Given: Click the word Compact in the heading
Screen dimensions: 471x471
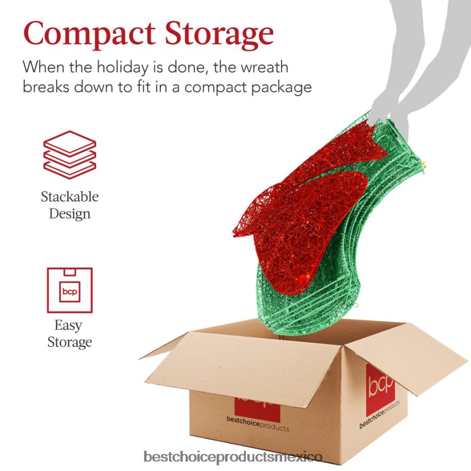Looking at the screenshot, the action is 89,34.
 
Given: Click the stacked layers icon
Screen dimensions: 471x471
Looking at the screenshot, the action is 70,155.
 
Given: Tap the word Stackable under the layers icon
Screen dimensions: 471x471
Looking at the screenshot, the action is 70,197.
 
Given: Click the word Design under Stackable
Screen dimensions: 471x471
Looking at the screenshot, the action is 70,214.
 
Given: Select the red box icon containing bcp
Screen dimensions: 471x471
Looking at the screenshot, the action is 70,290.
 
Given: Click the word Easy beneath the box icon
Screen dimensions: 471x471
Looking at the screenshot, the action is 68,325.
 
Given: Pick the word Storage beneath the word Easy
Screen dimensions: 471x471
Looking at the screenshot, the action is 70,342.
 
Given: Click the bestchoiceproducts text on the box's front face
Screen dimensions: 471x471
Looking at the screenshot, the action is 258,424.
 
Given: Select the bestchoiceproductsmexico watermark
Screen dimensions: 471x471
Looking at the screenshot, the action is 233,457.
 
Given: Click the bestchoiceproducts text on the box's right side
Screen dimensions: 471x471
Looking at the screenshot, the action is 380,414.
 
